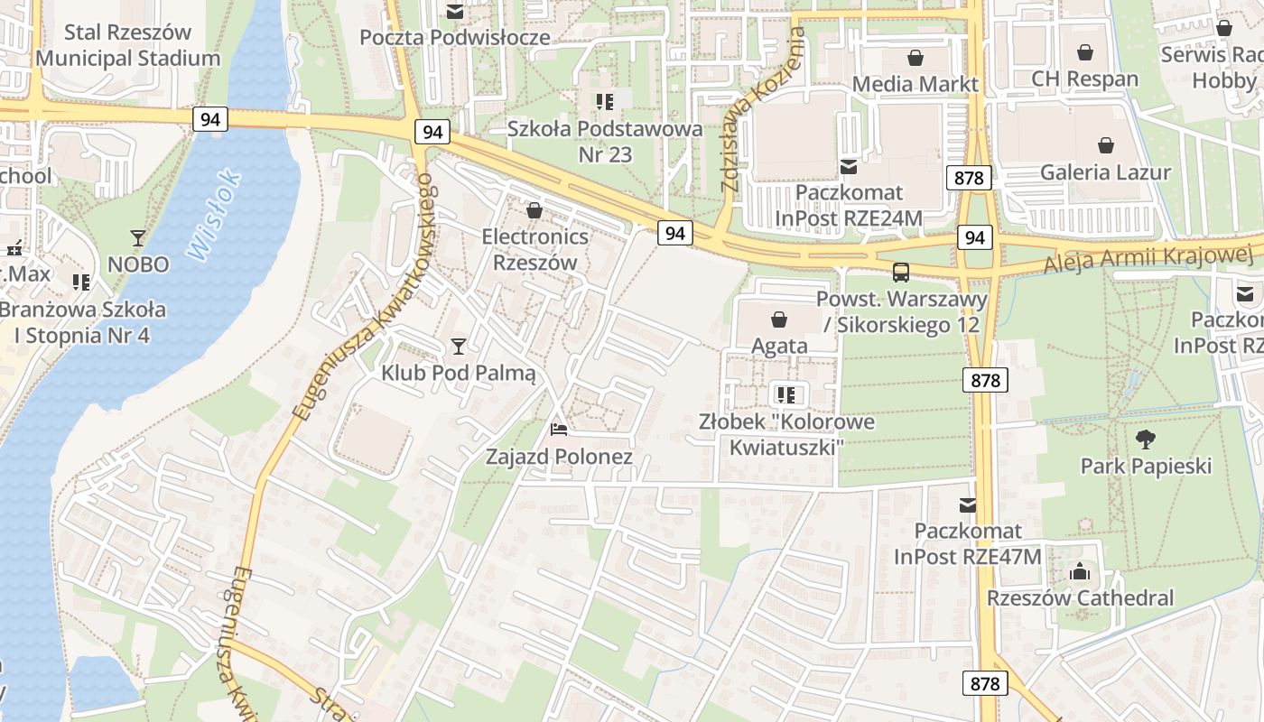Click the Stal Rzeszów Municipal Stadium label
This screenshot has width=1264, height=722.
127,45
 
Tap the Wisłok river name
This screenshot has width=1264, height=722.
216,216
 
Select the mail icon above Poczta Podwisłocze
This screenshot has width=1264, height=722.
455,12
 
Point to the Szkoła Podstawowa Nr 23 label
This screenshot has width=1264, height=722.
605,142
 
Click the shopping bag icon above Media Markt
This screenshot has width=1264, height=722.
915,59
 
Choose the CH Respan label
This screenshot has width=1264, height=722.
1085,79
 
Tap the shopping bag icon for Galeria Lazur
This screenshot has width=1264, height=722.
1105,145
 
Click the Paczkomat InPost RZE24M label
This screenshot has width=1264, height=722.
848,205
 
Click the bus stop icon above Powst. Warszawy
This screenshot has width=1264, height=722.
900,273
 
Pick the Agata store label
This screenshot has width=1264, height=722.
779,346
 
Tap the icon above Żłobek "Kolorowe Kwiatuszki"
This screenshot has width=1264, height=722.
785,394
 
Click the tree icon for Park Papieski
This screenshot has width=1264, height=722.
1146,440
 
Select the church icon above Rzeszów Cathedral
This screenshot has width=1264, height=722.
1079,571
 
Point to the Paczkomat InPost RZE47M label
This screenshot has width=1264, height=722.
968,543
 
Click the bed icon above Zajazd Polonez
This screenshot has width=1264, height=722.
559,430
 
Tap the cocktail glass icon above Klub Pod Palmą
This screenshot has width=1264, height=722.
459,346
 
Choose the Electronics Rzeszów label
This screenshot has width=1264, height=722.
534,250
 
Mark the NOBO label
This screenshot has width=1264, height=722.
138,264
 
